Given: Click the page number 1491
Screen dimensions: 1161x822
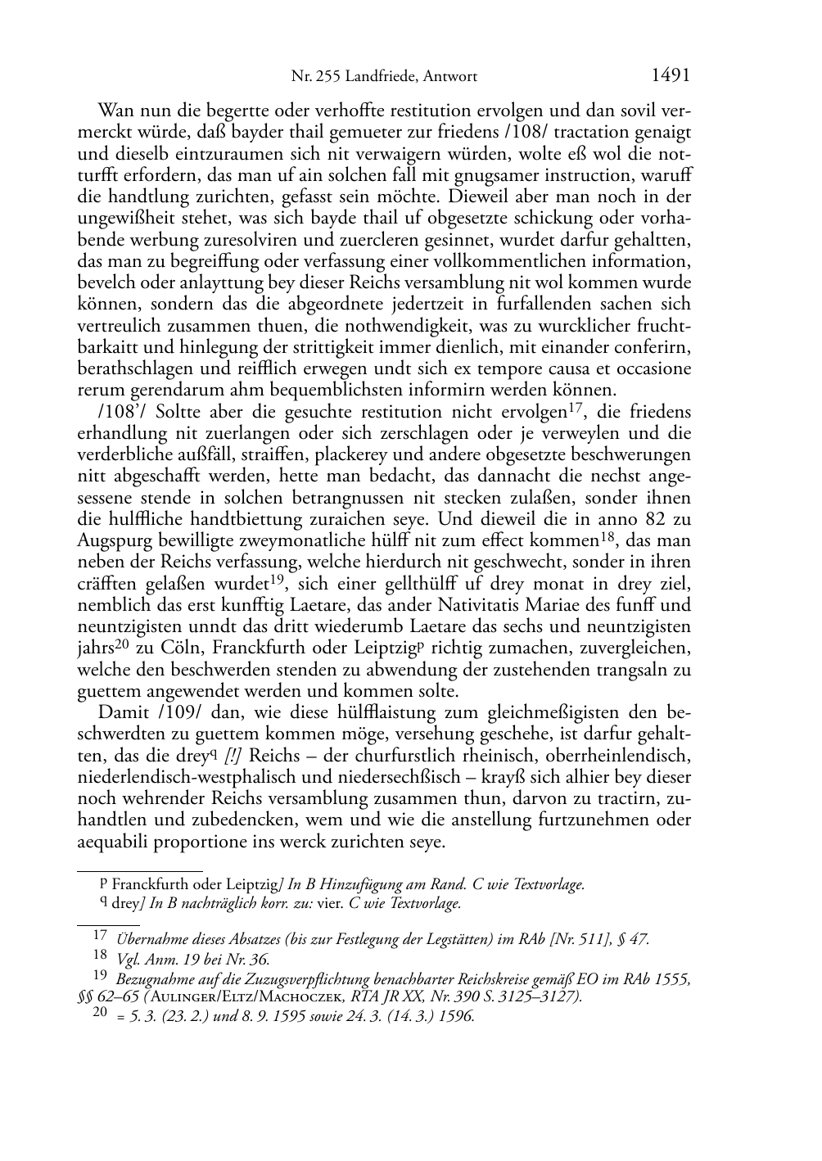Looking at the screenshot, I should [671, 76].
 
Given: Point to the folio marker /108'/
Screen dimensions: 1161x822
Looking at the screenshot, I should [123, 412].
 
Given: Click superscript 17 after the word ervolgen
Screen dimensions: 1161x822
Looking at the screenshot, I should [576, 408].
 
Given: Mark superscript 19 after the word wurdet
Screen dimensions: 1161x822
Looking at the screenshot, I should [280, 580].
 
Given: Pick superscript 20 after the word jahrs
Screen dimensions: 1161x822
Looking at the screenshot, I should [122, 644].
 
